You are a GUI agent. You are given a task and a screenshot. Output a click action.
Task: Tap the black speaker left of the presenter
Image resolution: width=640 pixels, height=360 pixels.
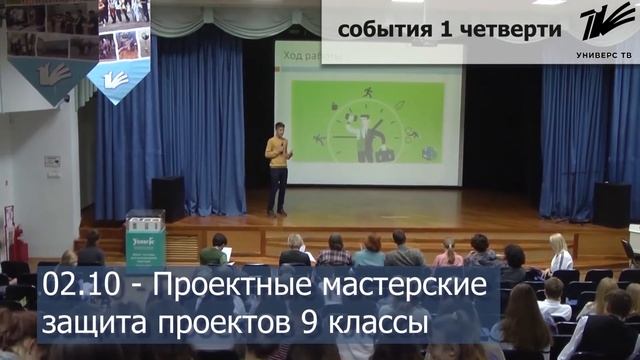167,198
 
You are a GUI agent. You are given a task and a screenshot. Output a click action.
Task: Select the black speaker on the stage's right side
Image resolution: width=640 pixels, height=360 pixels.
611,203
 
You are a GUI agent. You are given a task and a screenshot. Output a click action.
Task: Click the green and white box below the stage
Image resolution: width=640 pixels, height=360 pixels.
144,241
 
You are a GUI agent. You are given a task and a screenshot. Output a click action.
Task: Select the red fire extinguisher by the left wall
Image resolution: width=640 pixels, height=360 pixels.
16,245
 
